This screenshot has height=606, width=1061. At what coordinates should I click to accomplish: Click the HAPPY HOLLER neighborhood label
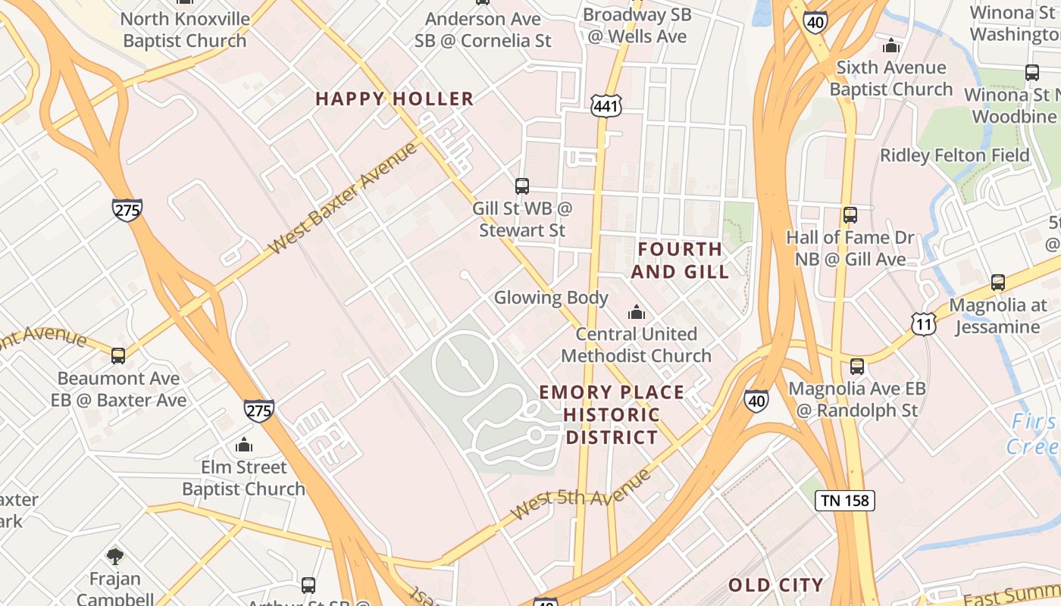click(x=394, y=98)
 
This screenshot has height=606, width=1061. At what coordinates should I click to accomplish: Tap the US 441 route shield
click(x=606, y=106)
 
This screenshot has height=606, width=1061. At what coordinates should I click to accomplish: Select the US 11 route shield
click(x=924, y=323)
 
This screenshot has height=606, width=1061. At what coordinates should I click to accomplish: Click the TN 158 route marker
click(x=845, y=500)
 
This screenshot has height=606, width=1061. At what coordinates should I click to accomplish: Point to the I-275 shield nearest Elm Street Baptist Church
click(x=258, y=411)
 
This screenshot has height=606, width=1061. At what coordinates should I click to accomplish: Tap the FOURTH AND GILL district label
click(x=680, y=260)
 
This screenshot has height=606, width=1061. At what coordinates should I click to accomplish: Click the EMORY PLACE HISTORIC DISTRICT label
click(x=612, y=414)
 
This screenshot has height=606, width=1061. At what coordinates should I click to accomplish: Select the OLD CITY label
click(x=775, y=585)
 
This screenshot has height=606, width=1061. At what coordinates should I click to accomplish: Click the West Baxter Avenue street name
click(x=343, y=197)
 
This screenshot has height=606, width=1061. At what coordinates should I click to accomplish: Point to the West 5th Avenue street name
click(x=581, y=494)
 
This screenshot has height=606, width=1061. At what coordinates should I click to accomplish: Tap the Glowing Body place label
click(x=551, y=298)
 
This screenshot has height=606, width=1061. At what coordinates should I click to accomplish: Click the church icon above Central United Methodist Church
click(x=637, y=312)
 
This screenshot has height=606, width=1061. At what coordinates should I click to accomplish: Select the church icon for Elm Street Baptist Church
click(x=244, y=445)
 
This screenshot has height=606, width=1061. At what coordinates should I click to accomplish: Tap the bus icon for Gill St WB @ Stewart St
click(x=522, y=186)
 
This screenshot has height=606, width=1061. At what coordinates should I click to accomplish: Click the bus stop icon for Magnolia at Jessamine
click(x=998, y=283)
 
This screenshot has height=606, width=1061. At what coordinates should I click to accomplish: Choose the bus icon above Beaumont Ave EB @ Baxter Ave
click(x=118, y=355)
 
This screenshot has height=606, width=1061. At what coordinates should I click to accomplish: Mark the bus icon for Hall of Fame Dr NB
click(x=850, y=215)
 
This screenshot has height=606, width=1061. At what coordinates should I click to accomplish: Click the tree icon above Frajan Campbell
click(x=115, y=557)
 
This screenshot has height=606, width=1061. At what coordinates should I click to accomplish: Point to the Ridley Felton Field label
click(x=954, y=155)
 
